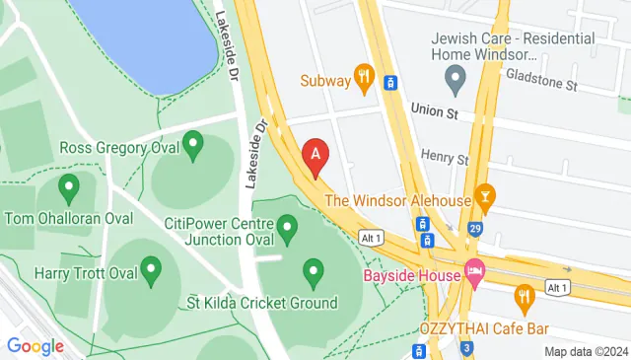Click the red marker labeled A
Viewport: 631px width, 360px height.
pos(315,156)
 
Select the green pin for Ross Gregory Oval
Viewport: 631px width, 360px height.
pos(193,146)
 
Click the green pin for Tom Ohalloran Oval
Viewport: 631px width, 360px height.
pos(69,186)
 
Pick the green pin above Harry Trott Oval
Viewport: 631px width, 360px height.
pos(151,268)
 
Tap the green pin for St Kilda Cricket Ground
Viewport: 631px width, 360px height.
pos(314,269)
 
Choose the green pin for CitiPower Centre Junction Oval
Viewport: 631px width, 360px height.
pos(288,230)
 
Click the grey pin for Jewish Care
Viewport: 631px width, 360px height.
pos(455,77)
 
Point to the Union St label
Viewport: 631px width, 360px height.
pos(436,111)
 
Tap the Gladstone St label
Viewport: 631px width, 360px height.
pos(540,84)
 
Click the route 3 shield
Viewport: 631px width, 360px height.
pos(467,348)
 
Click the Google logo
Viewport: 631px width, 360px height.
pos(35,345)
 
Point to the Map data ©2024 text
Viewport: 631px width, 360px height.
pos(587,351)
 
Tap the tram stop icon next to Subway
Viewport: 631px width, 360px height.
pos(391,83)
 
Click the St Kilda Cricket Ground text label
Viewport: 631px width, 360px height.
pos(262,303)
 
